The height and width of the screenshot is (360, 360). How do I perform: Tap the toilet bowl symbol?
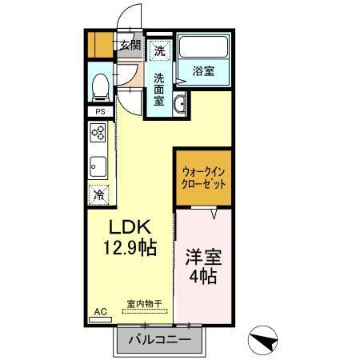point(100,85)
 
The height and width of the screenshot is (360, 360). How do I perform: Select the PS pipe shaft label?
point(100,111)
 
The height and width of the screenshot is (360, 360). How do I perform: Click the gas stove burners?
point(100,134)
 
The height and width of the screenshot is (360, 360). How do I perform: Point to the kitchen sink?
point(100,166)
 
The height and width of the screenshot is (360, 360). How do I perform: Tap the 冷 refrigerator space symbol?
point(100,194)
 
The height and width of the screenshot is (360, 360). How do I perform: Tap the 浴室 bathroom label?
point(203,71)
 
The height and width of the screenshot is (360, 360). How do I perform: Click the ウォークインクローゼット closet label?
point(204,176)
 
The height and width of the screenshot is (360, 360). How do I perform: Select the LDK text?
point(125,226)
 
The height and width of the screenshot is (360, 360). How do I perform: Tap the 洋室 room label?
point(203,260)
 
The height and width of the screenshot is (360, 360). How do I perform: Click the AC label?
point(101,311)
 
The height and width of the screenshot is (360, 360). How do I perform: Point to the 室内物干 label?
point(145,304)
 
